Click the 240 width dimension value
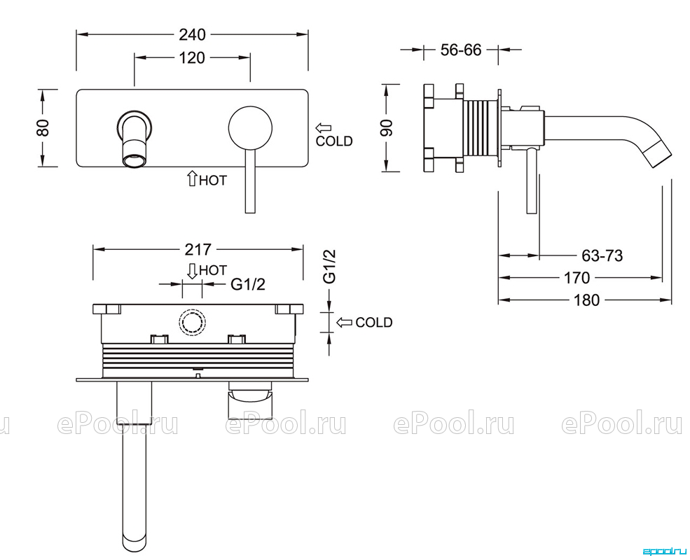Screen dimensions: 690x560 pos(193,34)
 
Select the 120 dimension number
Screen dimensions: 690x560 pos(192,57)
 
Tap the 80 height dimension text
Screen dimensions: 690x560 pos(43,127)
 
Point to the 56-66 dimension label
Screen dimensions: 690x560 pos(461,50)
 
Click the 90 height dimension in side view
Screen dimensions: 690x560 pos(386,127)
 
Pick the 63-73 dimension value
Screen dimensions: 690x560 pos(602,255)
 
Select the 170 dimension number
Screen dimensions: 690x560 pos(577,278)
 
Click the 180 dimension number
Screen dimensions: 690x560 pos(586,301)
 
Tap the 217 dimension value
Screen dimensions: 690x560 pos(198,249)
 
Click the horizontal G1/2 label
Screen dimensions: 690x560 pos(248,284)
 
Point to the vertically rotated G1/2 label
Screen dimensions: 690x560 pos(330,267)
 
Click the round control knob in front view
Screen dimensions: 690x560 pos(250,127)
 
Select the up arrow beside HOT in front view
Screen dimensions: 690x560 pos(192,178)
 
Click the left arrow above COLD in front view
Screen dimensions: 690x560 pos(323,128)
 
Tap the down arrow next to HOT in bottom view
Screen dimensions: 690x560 pos(193,271)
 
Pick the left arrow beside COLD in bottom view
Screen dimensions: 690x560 pos(344,323)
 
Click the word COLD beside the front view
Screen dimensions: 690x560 pos(334,141)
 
